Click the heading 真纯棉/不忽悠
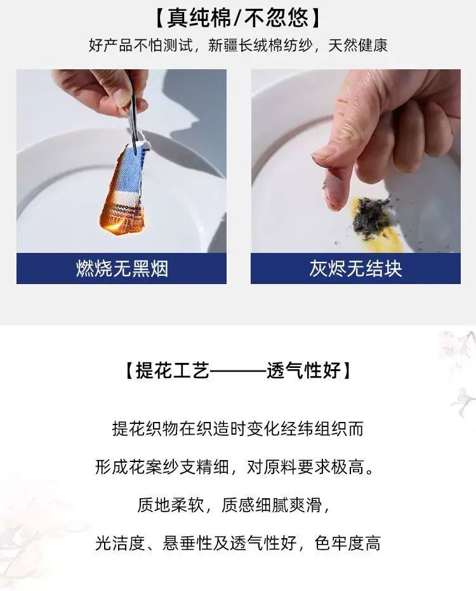(x=238, y=18)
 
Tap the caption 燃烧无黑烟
(x=122, y=269)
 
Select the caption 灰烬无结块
(x=355, y=269)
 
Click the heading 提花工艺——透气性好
(x=238, y=370)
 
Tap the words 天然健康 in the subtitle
(x=358, y=46)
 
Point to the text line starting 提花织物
(x=238, y=429)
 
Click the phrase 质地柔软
(x=171, y=505)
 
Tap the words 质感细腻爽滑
(x=272, y=505)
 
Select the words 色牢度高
(x=348, y=543)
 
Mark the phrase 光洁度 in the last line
(x=120, y=543)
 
